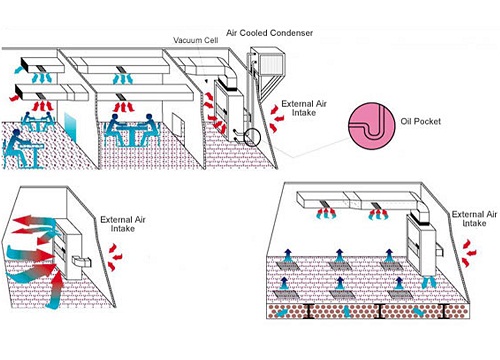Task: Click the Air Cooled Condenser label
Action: pos(269,33)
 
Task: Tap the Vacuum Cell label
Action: pos(196,40)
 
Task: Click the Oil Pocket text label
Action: pos(421,121)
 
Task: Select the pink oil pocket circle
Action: pos(372,126)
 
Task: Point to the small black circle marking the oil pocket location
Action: pos(252,137)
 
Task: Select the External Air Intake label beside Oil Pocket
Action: pos(304,108)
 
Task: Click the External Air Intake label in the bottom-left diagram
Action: pos(123,224)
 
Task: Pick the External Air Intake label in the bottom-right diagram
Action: pos(474,219)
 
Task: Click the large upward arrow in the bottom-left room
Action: pos(55,289)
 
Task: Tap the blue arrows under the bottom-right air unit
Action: pos(429,282)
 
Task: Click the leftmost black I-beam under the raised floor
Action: pos(309,311)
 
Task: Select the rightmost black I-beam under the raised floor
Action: pos(443,311)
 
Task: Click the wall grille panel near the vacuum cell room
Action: pos(178,125)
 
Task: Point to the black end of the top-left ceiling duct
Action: pos(25,64)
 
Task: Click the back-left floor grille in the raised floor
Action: pos(287,266)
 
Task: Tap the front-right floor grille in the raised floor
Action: pos(399,295)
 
